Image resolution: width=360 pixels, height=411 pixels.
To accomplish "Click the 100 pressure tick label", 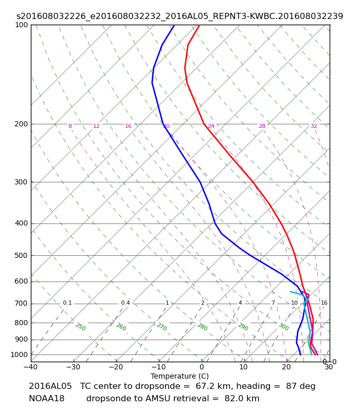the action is point(21,25).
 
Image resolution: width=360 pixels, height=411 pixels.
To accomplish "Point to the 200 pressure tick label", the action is point(21,124).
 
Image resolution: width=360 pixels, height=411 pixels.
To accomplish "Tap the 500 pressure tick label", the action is point(21,255).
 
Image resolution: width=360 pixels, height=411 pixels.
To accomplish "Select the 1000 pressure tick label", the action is point(19,354).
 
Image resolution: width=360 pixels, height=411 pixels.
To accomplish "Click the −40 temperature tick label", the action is point(31,367).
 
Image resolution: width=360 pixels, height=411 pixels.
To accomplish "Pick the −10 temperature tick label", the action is point(159,367).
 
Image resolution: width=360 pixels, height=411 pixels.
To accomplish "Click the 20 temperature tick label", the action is point(286,367).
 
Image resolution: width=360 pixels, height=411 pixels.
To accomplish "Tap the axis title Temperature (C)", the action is point(179,376).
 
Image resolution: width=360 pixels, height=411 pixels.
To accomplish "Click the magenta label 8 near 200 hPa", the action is point(70,126).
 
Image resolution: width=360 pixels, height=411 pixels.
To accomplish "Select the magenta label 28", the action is point(262,126).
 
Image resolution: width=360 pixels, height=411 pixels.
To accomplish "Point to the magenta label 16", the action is point(128,126).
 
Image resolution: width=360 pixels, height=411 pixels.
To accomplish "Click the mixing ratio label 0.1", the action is point(67,303).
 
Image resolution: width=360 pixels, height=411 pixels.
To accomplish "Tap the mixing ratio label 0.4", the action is point(125,303).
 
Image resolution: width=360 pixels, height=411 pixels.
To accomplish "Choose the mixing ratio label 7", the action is point(273,303).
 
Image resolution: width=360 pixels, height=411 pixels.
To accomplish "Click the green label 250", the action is point(81,327).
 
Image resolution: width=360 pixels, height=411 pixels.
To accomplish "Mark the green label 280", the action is point(203,327).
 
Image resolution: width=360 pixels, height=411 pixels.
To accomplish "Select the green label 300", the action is point(284,327).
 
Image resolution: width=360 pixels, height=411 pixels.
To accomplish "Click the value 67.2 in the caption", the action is point(204,386).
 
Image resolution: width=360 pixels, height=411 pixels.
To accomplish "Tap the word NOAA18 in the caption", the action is point(47,399).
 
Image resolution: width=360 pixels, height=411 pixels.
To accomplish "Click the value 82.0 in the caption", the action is point(233,399).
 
